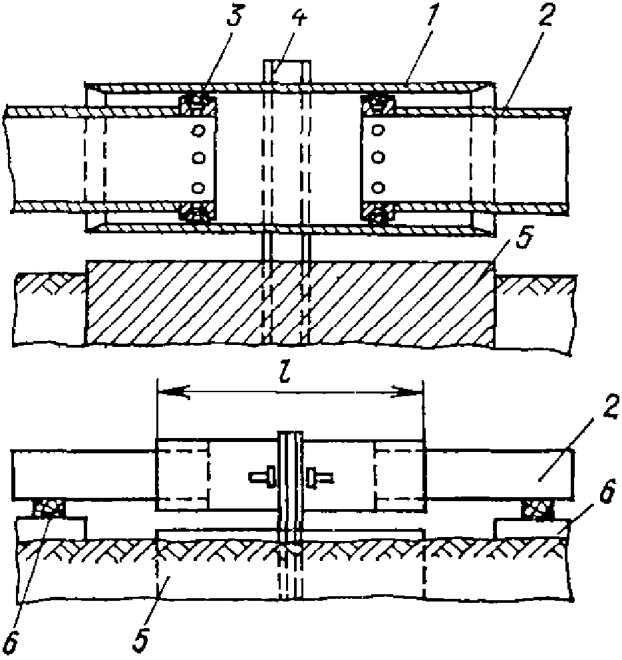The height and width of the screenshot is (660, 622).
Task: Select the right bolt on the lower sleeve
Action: click(320, 476)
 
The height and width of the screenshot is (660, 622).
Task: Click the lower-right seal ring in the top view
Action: click(377, 215)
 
